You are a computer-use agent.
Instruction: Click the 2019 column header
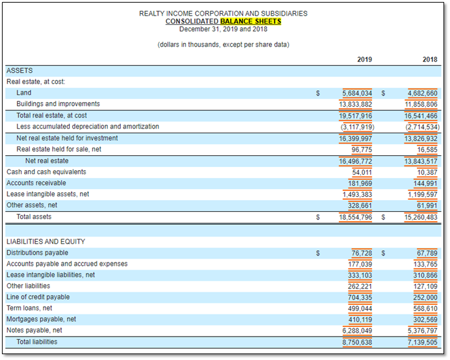click(x=364, y=59)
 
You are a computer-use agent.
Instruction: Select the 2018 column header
click(x=430, y=59)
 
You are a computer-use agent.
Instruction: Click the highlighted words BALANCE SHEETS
click(x=250, y=21)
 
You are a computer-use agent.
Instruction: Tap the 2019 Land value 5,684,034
click(x=357, y=93)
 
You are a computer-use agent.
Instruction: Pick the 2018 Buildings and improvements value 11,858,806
click(x=421, y=104)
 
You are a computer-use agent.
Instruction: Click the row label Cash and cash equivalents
click(x=46, y=172)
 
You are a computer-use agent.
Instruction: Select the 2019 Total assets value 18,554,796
click(x=355, y=217)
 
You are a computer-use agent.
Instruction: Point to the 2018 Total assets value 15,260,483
click(x=421, y=217)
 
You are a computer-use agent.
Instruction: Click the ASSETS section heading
click(x=20, y=71)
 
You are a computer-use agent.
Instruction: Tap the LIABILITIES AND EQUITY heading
click(x=46, y=242)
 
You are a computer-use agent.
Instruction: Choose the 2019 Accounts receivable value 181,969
click(x=360, y=183)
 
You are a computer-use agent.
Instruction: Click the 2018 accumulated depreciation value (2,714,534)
click(x=423, y=127)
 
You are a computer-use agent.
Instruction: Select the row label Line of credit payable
click(x=38, y=297)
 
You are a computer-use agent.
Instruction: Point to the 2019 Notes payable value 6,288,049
click(x=357, y=331)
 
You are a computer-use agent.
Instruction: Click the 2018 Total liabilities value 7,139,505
click(x=423, y=342)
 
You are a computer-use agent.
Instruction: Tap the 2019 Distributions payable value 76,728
click(x=362, y=253)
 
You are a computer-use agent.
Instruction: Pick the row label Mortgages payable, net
click(x=42, y=319)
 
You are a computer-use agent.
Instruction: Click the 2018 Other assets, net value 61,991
click(x=427, y=206)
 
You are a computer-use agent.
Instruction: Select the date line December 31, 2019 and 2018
click(x=223, y=29)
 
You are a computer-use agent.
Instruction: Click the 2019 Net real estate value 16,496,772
click(x=355, y=162)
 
